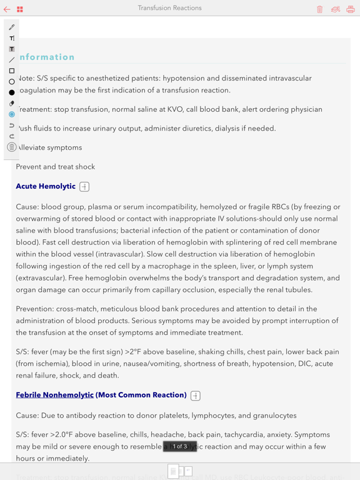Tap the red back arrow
pyautogui.click(x=7, y=9)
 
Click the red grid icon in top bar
pyautogui.click(x=20, y=9)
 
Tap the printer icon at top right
pyautogui.click(x=351, y=9)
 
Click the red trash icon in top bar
pyautogui.click(x=320, y=9)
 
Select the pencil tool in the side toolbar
pyautogui.click(x=12, y=27)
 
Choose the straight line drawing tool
pyautogui.click(x=12, y=60)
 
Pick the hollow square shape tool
pyautogui.click(x=12, y=71)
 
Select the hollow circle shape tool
pyautogui.click(x=12, y=82)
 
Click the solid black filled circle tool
pyautogui.click(x=12, y=92)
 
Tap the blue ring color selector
pyautogui.click(x=12, y=114)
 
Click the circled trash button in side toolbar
pyautogui.click(x=12, y=147)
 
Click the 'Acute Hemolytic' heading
pyautogui.click(x=46, y=186)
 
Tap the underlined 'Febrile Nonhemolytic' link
pyautogui.click(x=54, y=395)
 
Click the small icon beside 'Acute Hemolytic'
pyautogui.click(x=84, y=187)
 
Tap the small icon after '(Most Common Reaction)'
pyautogui.click(x=196, y=396)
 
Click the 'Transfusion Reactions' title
pyautogui.click(x=170, y=8)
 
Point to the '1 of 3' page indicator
pyautogui.click(x=180, y=446)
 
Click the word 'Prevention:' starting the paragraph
pyautogui.click(x=35, y=309)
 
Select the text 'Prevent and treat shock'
pyautogui.click(x=56, y=167)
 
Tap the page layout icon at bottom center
pyautogui.click(x=180, y=471)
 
